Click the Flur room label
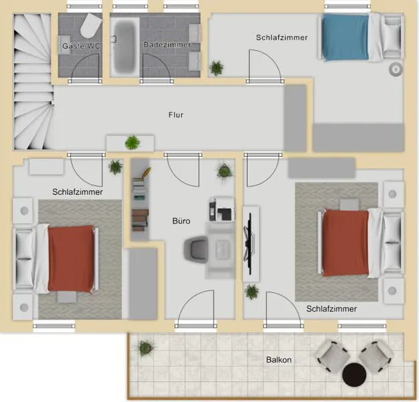176,115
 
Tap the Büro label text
181,221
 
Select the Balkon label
278,360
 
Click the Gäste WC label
81,46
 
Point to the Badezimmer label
167,45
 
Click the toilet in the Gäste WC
91,25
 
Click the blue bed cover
346,37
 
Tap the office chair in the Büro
196,249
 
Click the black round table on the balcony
354,375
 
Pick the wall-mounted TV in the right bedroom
250,244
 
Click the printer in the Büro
222,209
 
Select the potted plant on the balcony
146,347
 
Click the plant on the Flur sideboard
133,142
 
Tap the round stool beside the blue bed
396,70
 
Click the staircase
33,82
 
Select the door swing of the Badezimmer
156,68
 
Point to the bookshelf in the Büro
139,199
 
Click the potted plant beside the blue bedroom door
216,68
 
